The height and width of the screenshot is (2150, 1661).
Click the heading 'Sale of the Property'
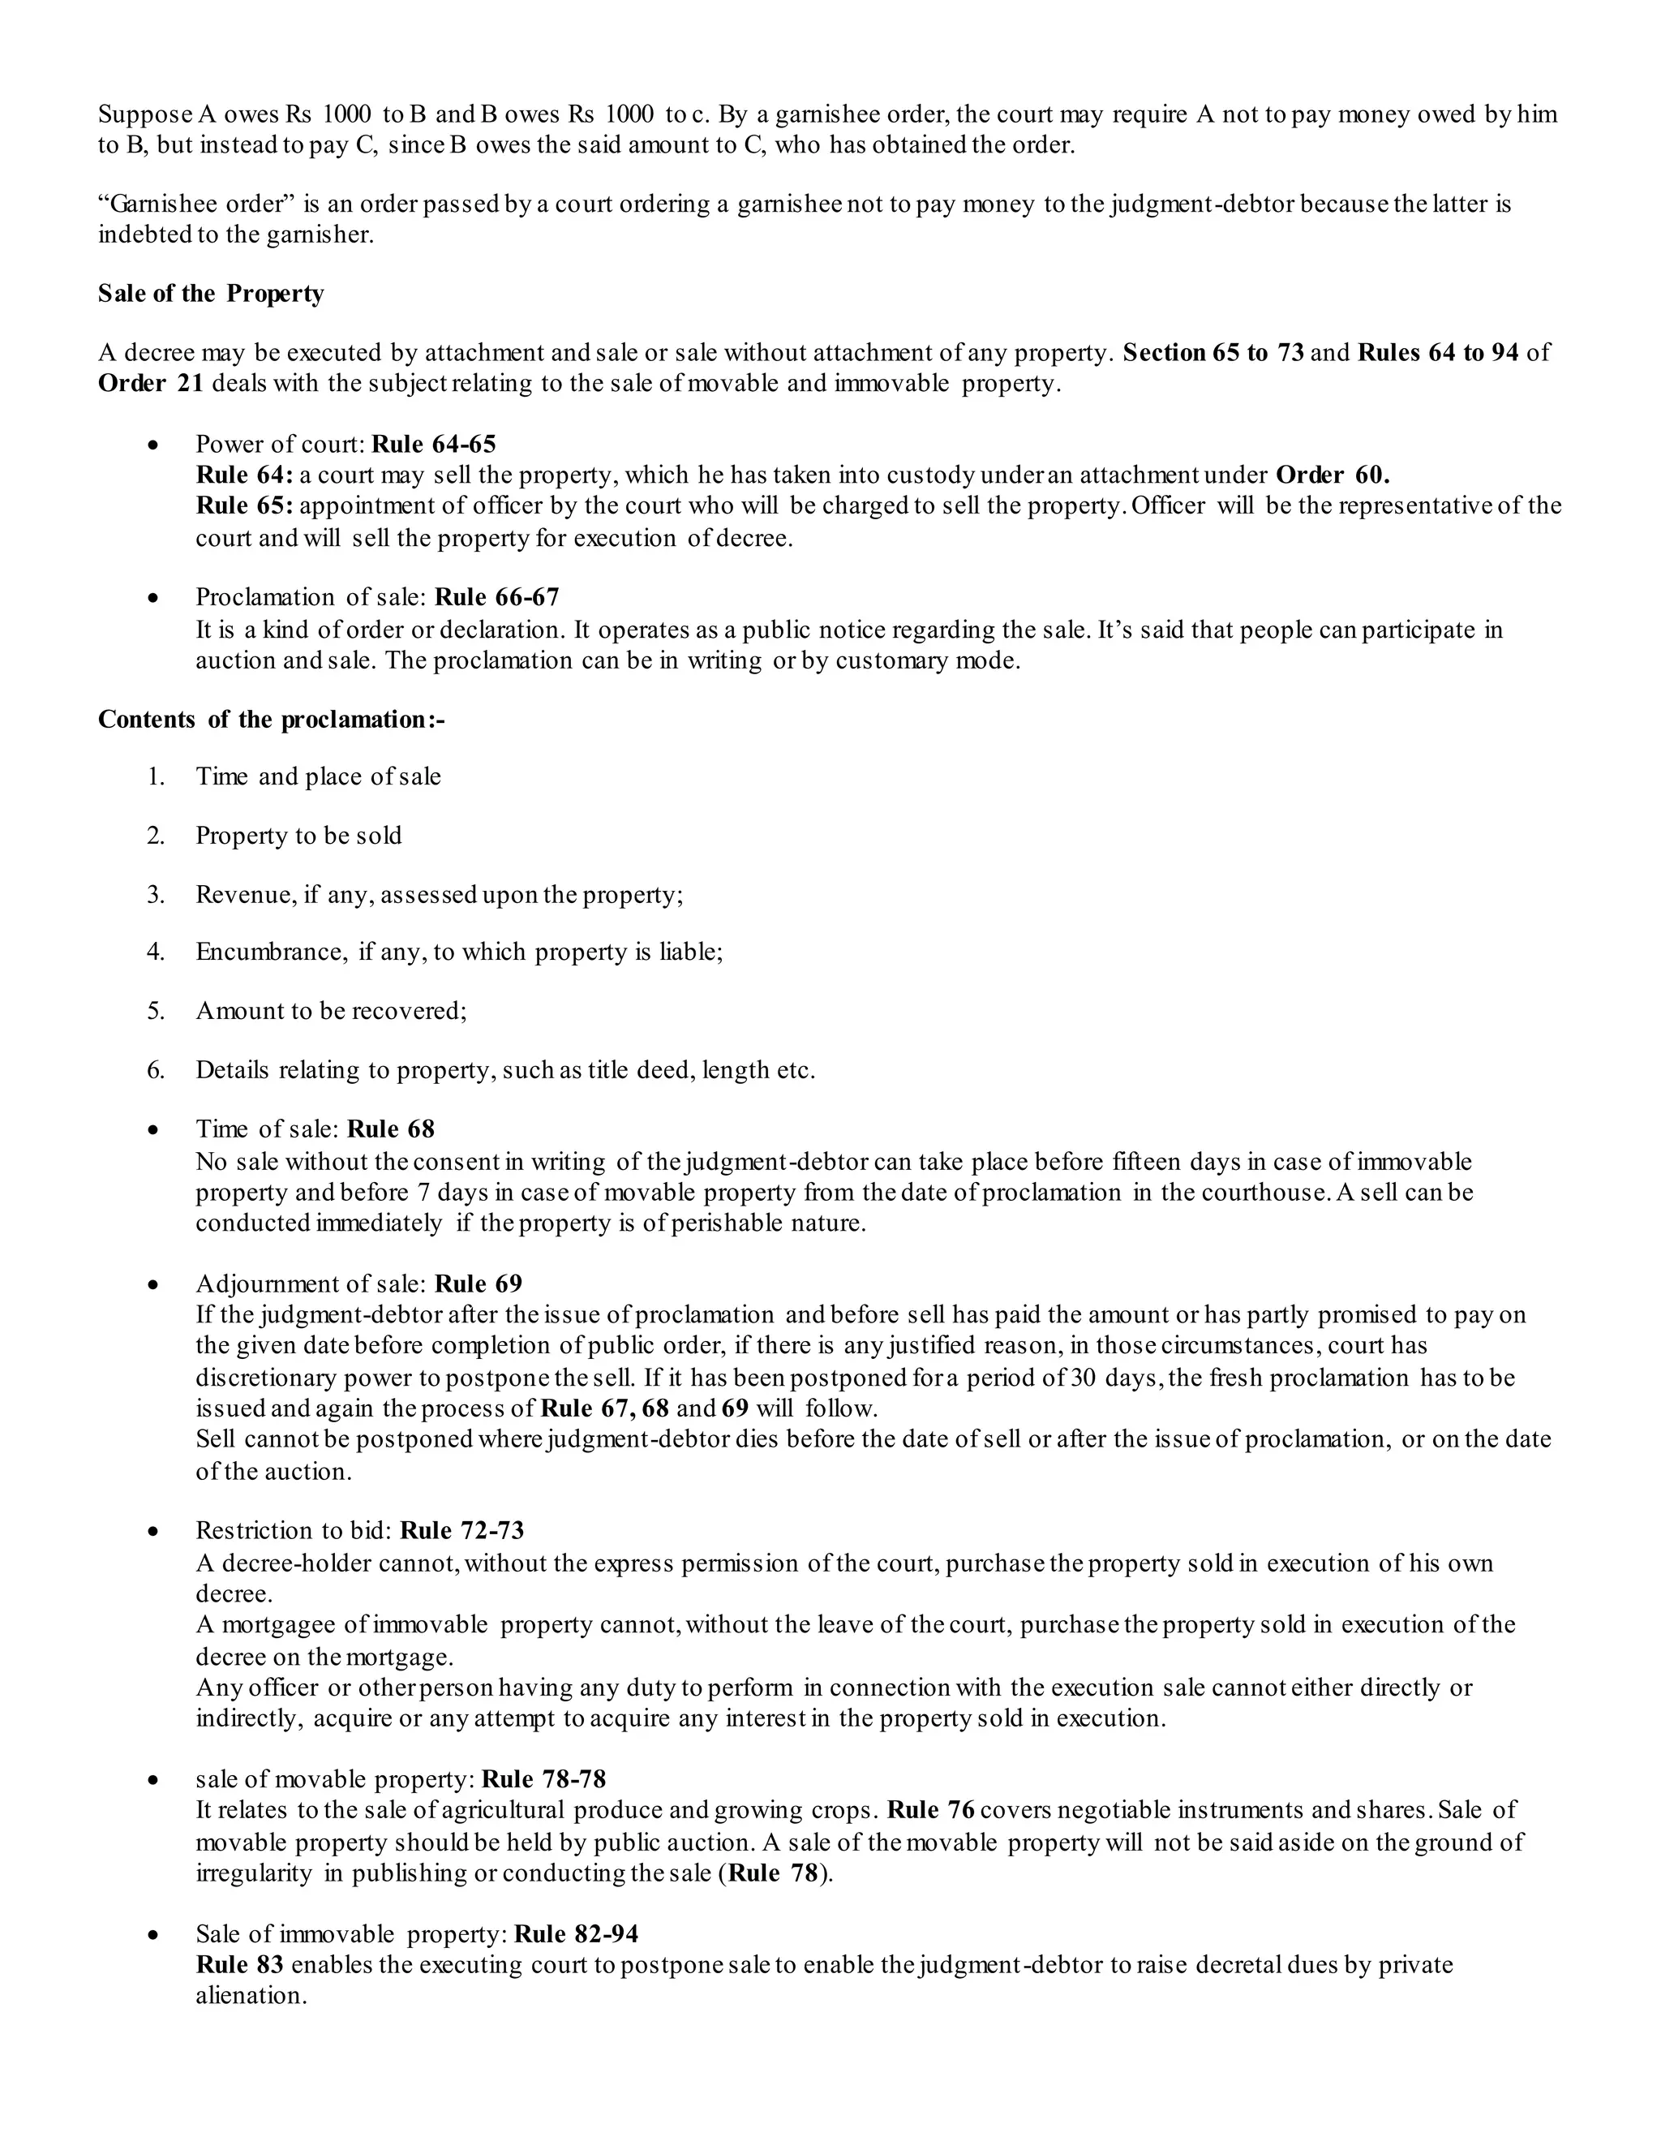point(211,294)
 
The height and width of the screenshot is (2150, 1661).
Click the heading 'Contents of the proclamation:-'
point(272,719)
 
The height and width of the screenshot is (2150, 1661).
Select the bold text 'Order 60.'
point(1333,475)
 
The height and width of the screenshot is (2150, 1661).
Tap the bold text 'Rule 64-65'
point(434,444)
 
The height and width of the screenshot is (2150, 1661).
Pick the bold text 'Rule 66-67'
point(497,598)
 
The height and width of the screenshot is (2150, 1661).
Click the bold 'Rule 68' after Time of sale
point(391,1129)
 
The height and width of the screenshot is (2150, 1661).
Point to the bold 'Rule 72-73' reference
point(462,1531)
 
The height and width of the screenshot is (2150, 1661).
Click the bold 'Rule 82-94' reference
point(577,1934)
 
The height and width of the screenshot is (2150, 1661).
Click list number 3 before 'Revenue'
point(156,895)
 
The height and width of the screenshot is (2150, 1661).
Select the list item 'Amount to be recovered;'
point(332,1011)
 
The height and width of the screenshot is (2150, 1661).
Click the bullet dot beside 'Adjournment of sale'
point(152,1286)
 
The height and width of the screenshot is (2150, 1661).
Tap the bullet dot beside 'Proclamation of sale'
point(152,599)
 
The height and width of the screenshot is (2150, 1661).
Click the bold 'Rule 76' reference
point(930,1810)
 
